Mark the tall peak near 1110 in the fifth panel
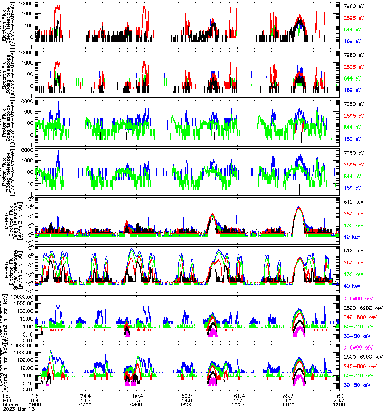pos(298,208)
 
